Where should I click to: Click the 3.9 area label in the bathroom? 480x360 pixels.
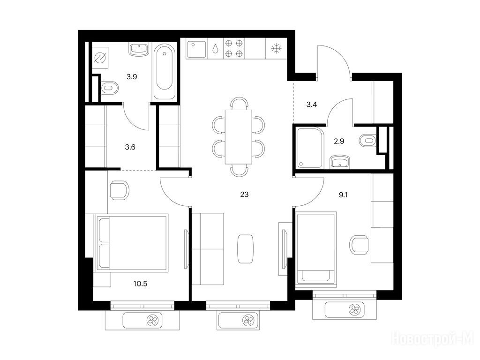[x=132, y=77]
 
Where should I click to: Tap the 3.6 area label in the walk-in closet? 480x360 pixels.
[x=130, y=147]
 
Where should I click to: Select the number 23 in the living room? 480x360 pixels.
[x=244, y=195]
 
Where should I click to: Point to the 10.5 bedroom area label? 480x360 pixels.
[x=140, y=284]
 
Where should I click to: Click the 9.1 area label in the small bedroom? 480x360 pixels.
[x=343, y=195]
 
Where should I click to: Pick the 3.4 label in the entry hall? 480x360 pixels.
[x=312, y=105]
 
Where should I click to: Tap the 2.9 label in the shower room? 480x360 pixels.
[x=339, y=142]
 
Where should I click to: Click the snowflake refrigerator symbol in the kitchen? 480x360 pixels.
[x=277, y=49]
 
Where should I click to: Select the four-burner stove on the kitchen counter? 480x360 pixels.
[x=234, y=48]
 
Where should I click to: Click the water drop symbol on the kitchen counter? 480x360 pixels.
[x=216, y=49]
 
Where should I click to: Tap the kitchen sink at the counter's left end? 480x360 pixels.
[x=196, y=49]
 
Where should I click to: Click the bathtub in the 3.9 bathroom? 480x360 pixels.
[x=164, y=71]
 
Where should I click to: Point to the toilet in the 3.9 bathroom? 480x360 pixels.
[x=109, y=88]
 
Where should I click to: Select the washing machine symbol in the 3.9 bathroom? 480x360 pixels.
[x=100, y=58]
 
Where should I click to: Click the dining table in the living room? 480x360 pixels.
[x=239, y=137]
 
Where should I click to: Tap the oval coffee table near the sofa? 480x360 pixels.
[x=245, y=248]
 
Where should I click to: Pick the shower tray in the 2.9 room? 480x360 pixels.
[x=310, y=148]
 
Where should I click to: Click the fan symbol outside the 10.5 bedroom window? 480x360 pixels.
[x=152, y=321]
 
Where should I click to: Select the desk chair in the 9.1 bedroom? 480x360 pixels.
[x=360, y=245]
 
